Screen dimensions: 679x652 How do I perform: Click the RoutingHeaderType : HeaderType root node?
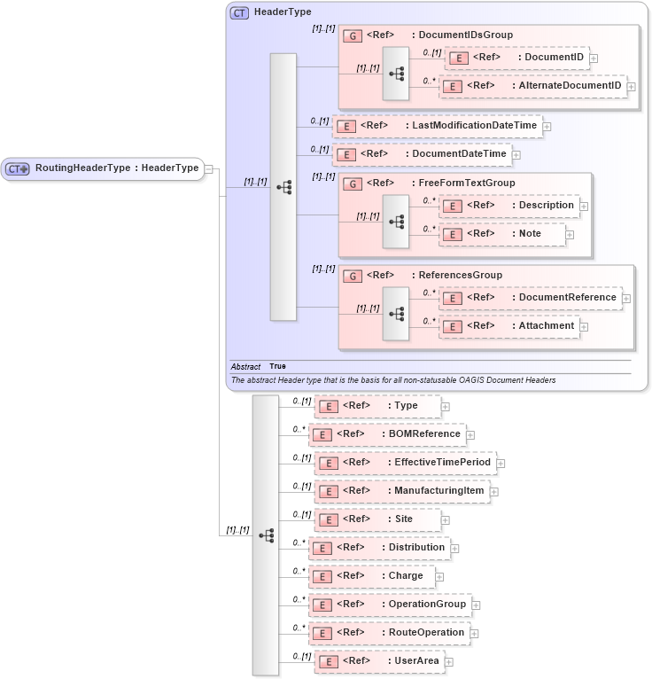[x=103, y=168]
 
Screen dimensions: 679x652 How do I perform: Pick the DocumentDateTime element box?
[x=422, y=154]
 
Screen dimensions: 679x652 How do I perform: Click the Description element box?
[x=509, y=206]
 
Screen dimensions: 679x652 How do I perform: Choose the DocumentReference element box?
[x=531, y=298]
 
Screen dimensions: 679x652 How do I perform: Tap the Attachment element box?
[x=509, y=326]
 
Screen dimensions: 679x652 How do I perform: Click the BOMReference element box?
[x=386, y=434]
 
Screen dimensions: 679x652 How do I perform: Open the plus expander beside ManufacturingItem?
[x=494, y=491]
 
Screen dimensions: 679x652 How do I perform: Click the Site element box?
[x=377, y=519]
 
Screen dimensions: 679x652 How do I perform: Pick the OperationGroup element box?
[x=389, y=605]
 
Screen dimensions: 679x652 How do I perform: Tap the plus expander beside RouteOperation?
[x=474, y=634]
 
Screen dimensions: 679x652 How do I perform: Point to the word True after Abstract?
[x=277, y=366]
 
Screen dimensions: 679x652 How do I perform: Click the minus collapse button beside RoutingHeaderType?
[x=209, y=168]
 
